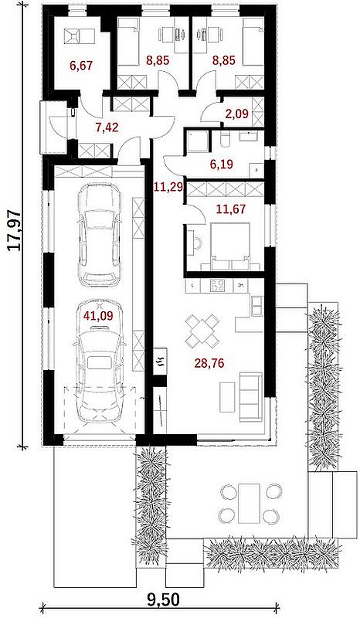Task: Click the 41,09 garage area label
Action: click(97, 315)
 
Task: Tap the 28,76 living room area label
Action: click(209, 363)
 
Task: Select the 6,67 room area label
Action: click(82, 66)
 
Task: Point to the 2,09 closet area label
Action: click(236, 114)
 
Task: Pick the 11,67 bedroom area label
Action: click(231, 209)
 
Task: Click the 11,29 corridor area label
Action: click(168, 186)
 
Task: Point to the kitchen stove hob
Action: click(218, 285)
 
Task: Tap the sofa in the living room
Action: click(250, 397)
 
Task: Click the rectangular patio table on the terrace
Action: click(249, 504)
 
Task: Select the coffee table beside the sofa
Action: click(227, 397)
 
